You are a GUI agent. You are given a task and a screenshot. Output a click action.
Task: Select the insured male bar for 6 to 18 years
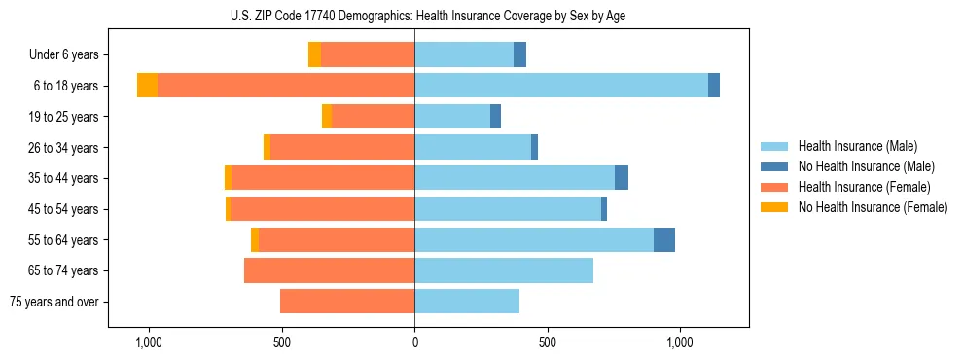point(561,86)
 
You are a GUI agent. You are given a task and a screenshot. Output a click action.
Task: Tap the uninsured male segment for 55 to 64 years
point(664,239)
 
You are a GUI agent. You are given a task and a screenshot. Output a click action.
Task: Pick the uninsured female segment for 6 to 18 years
point(147,86)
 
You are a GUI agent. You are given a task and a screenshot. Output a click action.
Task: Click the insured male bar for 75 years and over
point(467,302)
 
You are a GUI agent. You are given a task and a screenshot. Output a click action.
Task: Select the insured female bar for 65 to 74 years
point(330,270)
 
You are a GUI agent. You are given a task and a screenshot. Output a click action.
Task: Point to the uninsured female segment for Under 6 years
point(314,54)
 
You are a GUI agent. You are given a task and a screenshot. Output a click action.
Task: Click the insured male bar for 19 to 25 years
point(452,117)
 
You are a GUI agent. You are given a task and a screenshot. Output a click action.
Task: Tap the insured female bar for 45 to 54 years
point(323,209)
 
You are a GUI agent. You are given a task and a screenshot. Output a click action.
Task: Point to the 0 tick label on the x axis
point(414,343)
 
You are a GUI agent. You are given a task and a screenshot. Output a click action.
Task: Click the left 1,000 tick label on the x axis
point(149,343)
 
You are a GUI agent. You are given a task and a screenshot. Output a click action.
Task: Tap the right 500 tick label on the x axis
point(548,343)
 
